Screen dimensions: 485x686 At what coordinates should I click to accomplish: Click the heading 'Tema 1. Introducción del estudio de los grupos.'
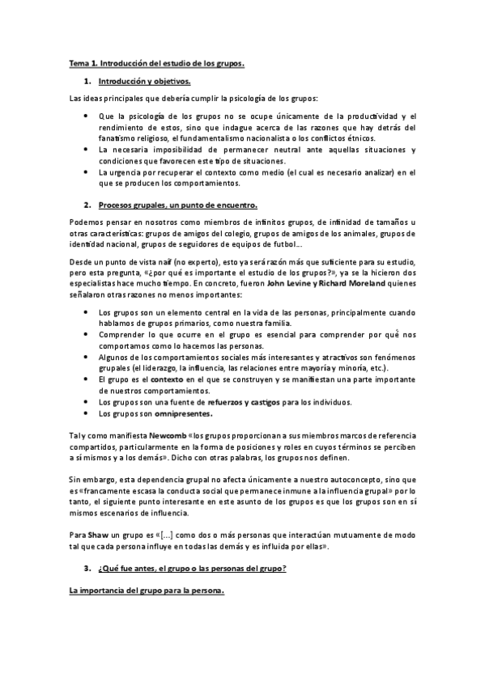(x=155, y=62)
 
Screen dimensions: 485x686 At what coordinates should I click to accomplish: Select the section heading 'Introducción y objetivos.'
(x=144, y=82)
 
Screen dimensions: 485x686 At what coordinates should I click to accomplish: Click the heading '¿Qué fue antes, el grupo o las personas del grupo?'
(x=192, y=569)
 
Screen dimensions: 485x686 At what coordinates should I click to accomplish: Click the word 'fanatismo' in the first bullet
(x=119, y=138)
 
